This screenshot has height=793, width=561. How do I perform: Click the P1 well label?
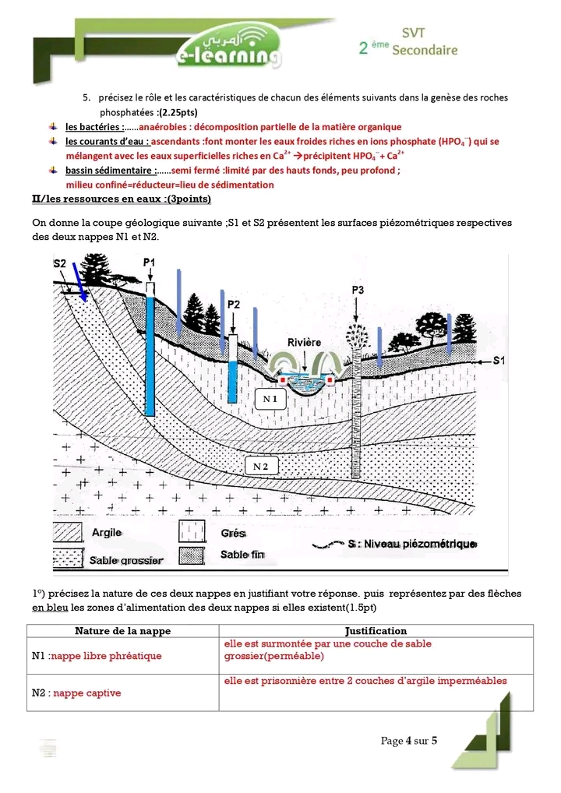[150, 263]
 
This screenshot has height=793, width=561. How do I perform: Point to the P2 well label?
[233, 304]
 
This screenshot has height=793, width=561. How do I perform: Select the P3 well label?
[358, 291]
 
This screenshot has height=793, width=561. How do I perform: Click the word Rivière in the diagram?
[303, 343]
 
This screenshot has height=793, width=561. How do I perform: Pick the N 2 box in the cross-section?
[261, 466]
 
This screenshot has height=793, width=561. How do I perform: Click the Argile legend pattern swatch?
[69, 533]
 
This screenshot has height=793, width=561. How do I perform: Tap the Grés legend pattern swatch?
[193, 533]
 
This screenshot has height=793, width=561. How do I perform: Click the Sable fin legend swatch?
[193, 555]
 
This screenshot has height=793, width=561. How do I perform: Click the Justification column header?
[376, 630]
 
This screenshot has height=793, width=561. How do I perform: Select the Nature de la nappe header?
[122, 630]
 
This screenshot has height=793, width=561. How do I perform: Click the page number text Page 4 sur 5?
[409, 740]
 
